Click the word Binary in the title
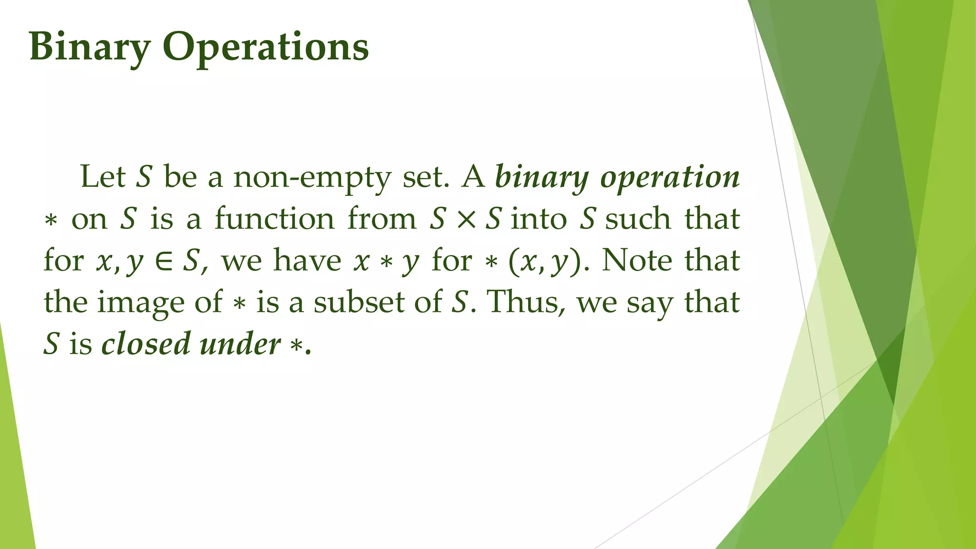(90, 48)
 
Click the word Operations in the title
(265, 48)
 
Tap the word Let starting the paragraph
(103, 176)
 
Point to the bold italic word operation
(670, 177)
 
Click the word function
(274, 219)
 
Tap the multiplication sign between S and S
(466, 220)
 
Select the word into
(539, 219)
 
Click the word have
(307, 261)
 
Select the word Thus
(522, 302)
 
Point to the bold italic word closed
(145, 344)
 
